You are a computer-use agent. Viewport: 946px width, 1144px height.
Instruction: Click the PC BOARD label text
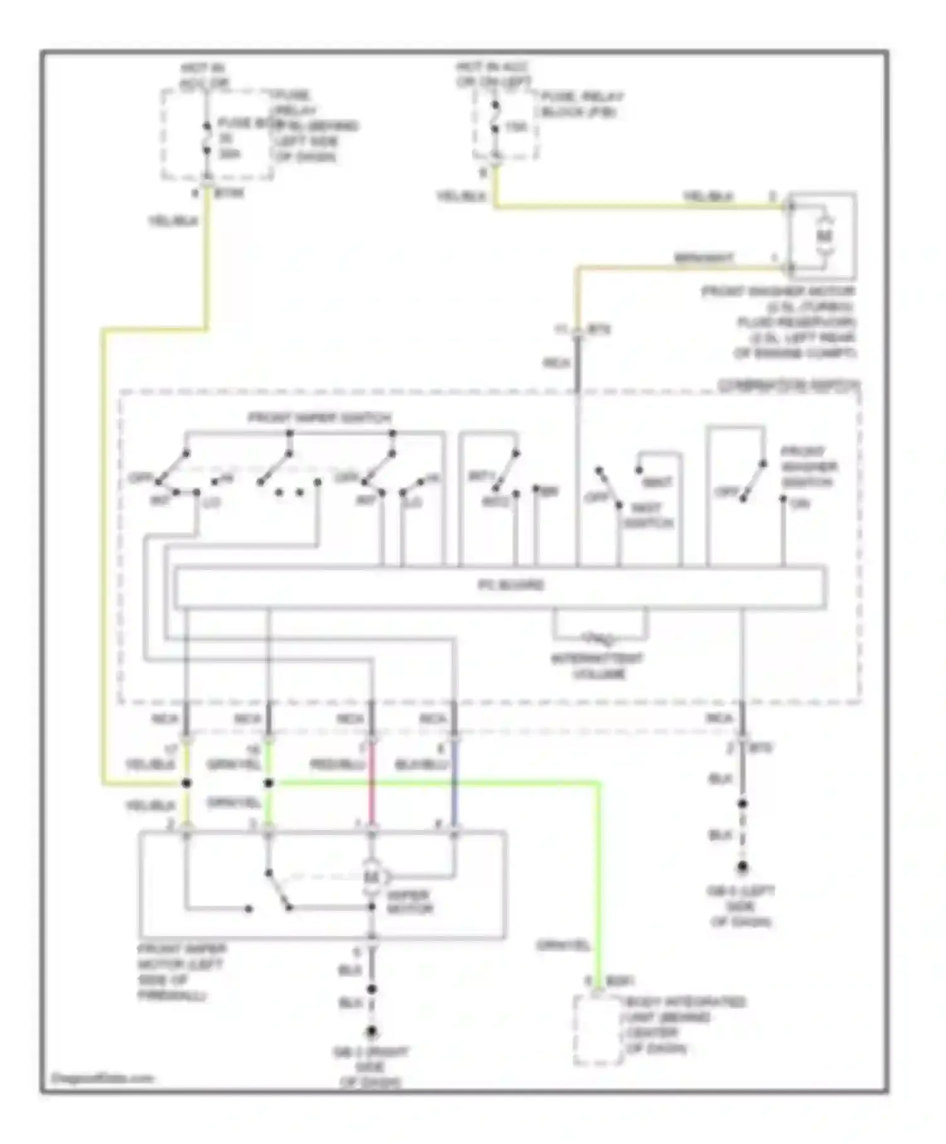[510, 585]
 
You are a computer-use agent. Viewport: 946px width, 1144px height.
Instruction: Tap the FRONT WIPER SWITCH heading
[320, 418]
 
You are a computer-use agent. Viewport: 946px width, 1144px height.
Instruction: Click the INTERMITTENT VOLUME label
[598, 667]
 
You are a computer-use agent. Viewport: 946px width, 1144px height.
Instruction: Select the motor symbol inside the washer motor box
[825, 236]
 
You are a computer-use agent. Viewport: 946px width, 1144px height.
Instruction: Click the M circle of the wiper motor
[372, 877]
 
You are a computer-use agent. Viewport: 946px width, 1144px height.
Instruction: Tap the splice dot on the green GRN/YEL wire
[269, 783]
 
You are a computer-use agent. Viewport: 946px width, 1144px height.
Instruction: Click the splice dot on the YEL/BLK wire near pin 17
[186, 783]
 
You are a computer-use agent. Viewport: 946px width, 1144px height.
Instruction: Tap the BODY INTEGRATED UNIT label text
[685, 1025]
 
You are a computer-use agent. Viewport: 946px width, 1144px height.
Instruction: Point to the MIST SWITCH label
[648, 516]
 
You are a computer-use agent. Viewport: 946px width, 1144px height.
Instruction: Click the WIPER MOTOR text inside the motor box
[409, 902]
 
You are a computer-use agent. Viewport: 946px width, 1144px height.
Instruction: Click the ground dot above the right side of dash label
[372, 1032]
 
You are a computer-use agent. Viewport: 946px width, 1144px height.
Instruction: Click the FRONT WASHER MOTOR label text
[780, 293]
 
